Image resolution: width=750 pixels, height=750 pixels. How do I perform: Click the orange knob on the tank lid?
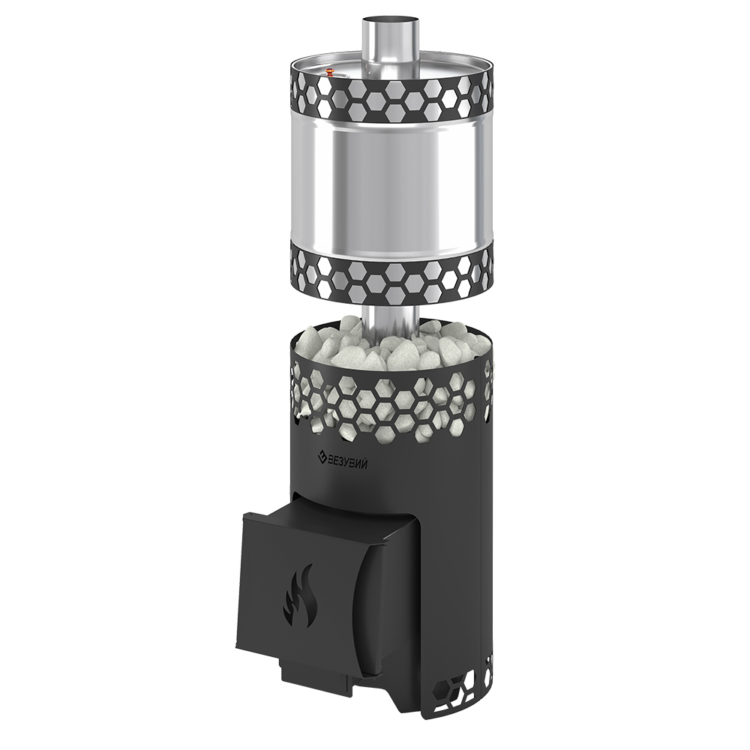point(330,73)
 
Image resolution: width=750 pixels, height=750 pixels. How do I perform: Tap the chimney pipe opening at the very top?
point(390,21)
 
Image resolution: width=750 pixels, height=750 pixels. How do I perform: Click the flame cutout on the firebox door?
point(298,595)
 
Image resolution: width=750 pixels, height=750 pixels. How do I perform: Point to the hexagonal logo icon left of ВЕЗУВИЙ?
point(321,459)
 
